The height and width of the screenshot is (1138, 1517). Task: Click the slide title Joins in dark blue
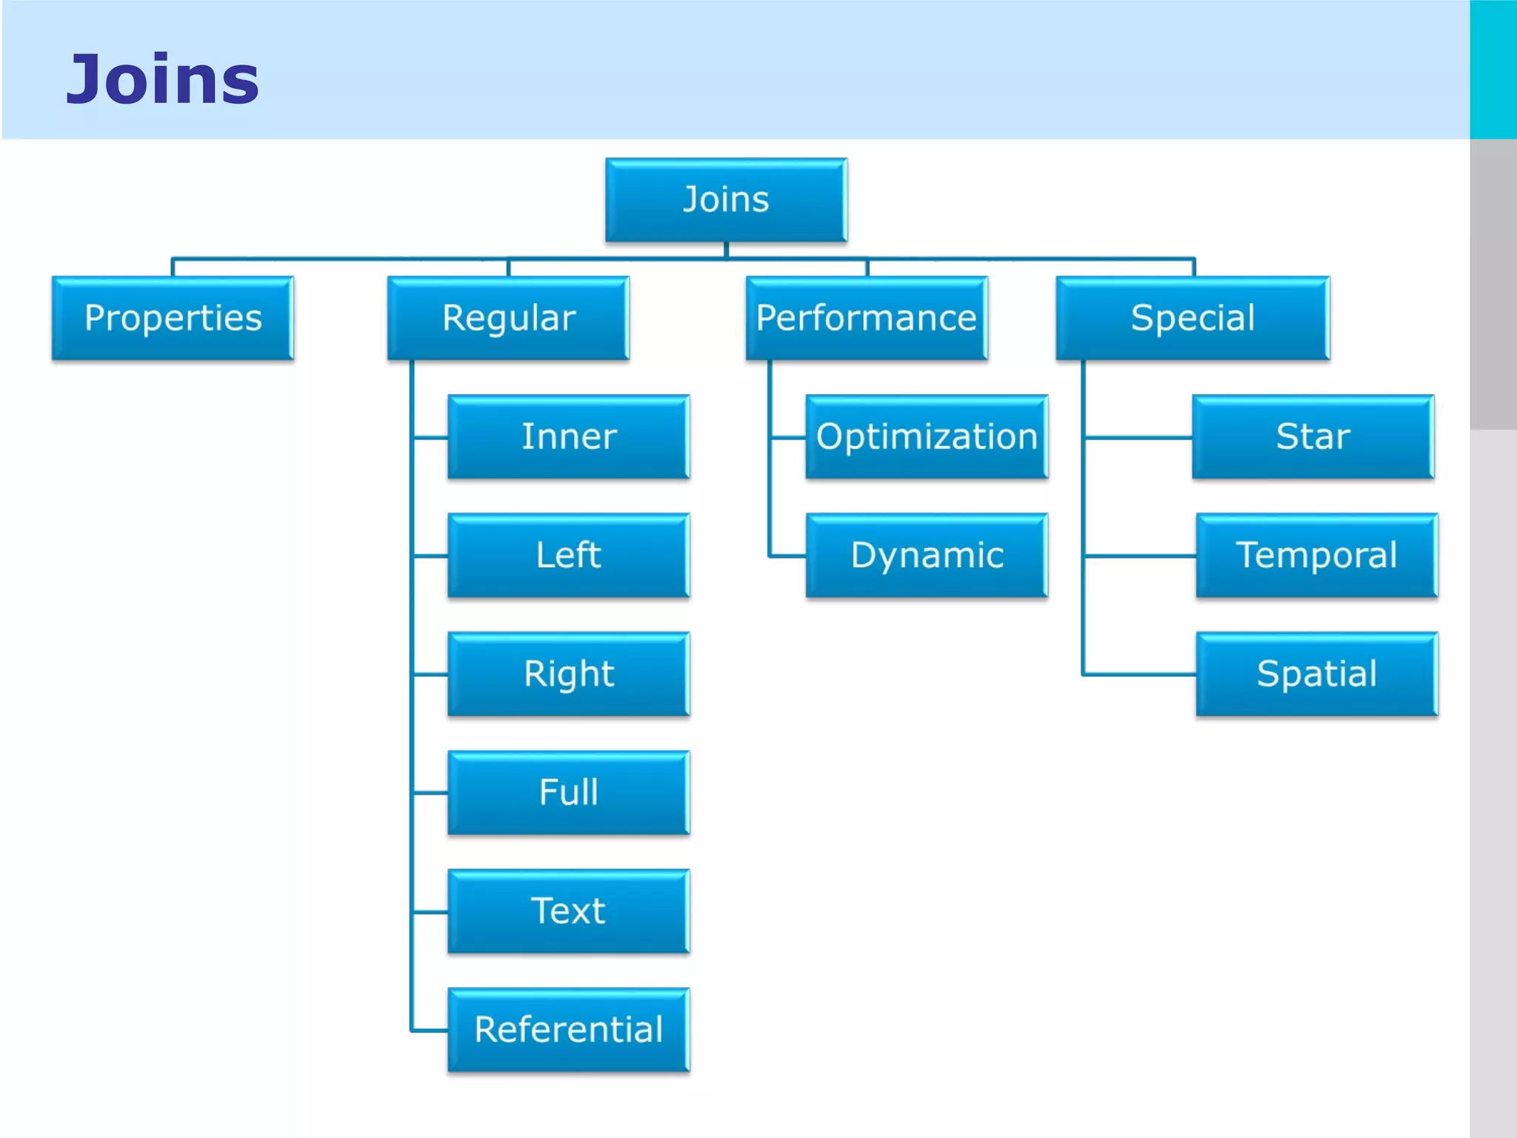point(163,79)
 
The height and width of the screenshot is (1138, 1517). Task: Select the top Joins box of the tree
point(726,200)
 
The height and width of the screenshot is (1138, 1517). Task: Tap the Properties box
point(173,319)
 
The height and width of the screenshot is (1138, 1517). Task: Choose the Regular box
point(508,319)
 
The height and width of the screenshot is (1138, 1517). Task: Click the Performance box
point(867,319)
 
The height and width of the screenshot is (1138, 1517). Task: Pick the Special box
point(1193,319)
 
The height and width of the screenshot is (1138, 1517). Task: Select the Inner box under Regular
point(569,437)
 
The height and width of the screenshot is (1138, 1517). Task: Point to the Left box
point(569,556)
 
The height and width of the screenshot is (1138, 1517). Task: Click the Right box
point(569,674)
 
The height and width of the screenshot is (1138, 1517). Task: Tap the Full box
point(569,793)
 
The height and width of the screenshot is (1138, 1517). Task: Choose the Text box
point(569,911)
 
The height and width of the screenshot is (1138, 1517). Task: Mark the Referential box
point(569,1030)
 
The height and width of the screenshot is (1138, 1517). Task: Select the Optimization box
point(927,437)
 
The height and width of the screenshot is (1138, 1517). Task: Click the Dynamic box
point(927,556)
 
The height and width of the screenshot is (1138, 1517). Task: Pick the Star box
point(1313,437)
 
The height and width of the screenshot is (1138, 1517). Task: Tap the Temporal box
point(1317,556)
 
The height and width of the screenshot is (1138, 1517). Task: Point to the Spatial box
point(1317,674)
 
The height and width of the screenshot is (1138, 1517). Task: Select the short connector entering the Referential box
point(430,1031)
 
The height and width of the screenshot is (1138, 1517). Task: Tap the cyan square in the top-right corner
point(1493,69)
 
